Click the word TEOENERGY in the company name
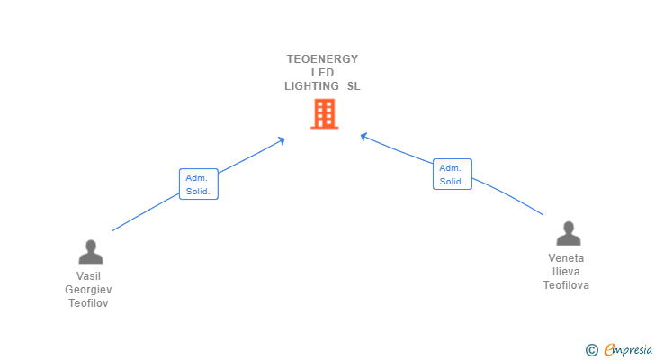tap(322, 59)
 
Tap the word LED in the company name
tap(322, 73)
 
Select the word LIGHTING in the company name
tap(311, 86)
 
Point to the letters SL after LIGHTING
tap(354, 86)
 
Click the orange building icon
tap(325, 113)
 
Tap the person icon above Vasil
tap(91, 252)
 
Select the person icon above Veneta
tap(569, 233)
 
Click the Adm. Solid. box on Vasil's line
tap(199, 184)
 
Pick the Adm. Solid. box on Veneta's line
tap(453, 175)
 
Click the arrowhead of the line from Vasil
tap(282, 140)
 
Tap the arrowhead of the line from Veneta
tap(363, 136)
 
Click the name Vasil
tap(88, 276)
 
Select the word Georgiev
tap(88, 290)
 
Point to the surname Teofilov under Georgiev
tap(88, 303)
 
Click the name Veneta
tap(566, 258)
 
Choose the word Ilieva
tap(566, 272)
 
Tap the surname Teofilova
tap(566, 285)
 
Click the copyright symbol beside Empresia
tap(591, 350)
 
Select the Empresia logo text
tap(628, 350)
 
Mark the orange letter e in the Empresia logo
tap(609, 349)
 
